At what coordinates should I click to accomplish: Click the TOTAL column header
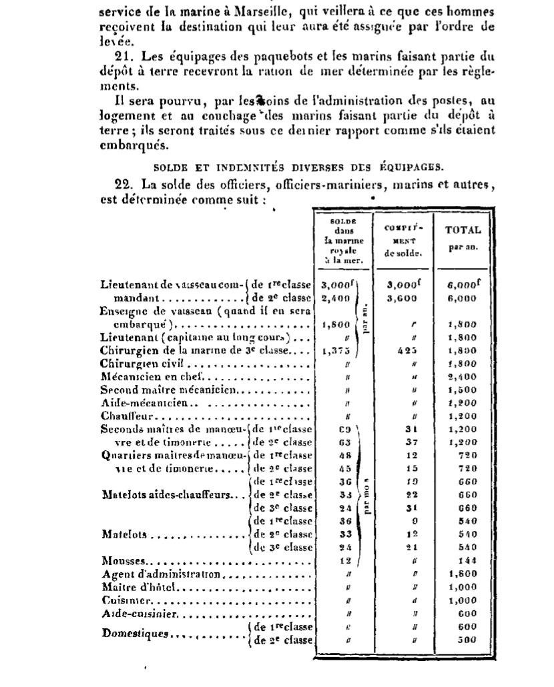pos(463,229)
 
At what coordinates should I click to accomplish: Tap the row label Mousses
pos(117,562)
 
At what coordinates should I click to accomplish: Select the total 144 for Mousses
pos(467,562)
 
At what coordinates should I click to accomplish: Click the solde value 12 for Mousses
pos(345,562)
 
